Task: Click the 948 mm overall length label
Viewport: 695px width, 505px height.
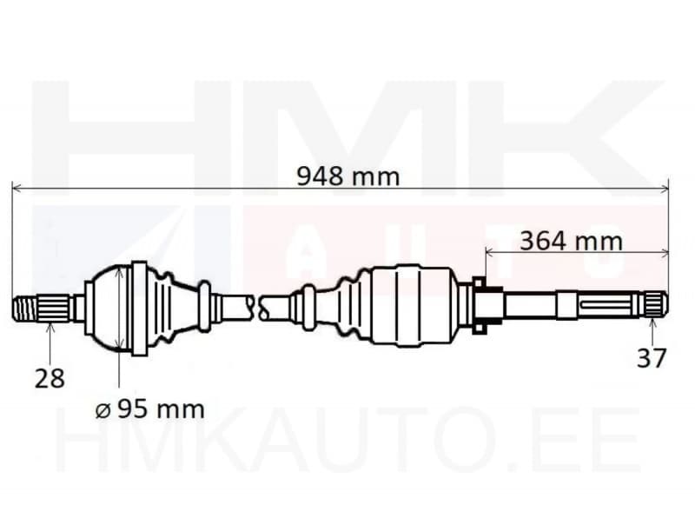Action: (348, 176)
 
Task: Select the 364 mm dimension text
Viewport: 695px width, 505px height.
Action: (571, 240)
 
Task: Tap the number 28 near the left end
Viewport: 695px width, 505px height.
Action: (50, 378)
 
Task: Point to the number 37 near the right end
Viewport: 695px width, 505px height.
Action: (652, 357)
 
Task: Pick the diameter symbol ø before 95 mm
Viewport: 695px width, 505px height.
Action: (103, 409)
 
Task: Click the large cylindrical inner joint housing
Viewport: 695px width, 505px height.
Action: (408, 304)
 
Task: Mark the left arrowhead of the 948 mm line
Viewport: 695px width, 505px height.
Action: (16, 187)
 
